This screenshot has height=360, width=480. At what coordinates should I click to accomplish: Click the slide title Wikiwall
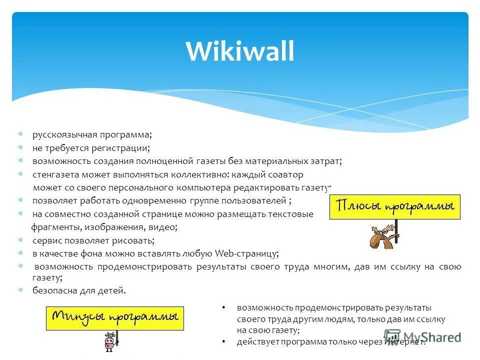click(240, 51)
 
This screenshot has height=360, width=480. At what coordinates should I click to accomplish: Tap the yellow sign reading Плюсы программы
click(394, 206)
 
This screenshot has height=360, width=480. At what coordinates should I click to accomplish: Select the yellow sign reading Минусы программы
click(115, 318)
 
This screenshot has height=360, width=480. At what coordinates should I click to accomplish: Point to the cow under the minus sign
click(109, 341)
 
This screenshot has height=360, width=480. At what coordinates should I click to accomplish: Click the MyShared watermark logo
click(422, 337)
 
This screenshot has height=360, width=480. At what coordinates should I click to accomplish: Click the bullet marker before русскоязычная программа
click(20, 135)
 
